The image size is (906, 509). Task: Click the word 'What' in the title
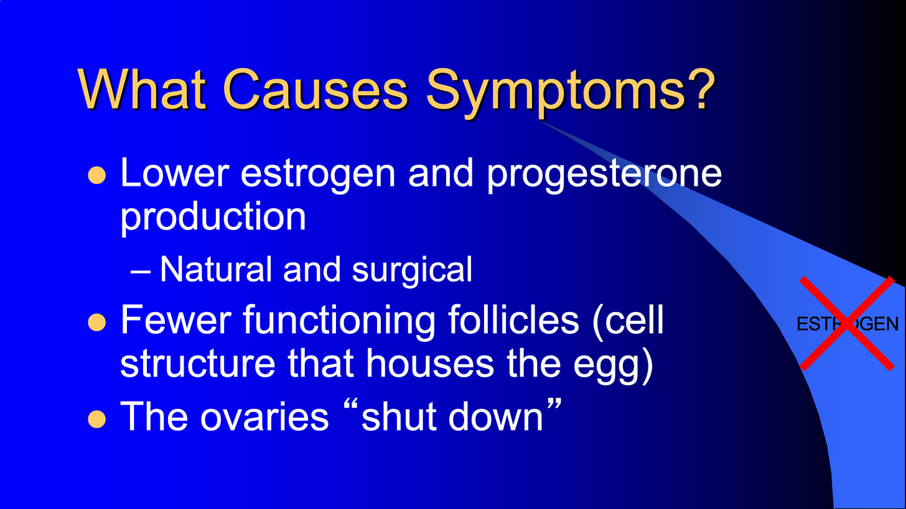[142, 89]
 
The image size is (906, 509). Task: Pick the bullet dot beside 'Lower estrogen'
[96, 175]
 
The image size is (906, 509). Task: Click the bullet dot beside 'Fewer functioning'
[96, 323]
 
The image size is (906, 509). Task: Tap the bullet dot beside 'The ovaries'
[96, 419]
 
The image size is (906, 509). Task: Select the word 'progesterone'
[604, 175]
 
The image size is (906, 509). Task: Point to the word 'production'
[213, 218]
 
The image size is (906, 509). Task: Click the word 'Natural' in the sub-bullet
[215, 270]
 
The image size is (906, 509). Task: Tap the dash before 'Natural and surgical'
[141, 273]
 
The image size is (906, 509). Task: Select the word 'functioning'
[339, 323]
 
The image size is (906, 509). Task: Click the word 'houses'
[429, 363]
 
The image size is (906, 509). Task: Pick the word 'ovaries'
[264, 417]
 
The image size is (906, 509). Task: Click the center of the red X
[847, 324]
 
